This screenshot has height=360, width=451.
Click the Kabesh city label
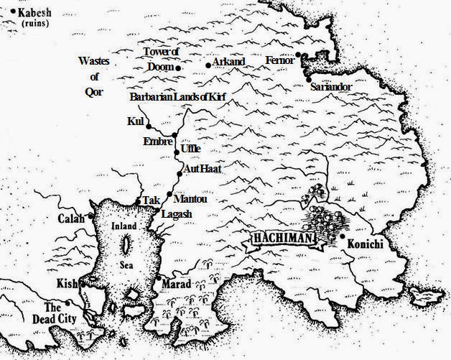[32, 13]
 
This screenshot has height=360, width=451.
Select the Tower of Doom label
[159, 59]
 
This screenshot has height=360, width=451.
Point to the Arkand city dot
[208, 66]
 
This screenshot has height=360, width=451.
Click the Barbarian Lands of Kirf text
[173, 96]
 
